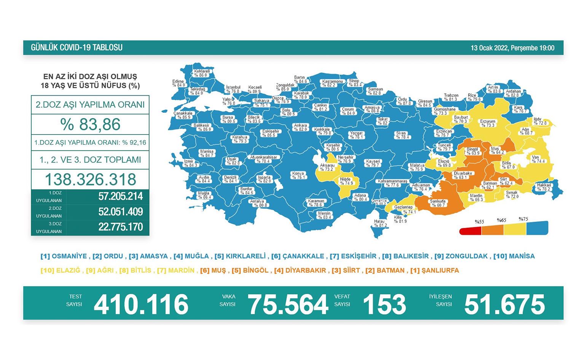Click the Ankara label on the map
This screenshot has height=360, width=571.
[300, 127]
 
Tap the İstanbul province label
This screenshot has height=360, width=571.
[233, 89]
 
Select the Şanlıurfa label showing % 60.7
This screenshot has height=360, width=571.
[438, 203]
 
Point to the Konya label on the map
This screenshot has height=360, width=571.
[298, 175]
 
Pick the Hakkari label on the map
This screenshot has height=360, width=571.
[544, 187]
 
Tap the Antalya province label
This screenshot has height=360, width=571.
[258, 203]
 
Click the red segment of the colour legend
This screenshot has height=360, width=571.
[470, 230]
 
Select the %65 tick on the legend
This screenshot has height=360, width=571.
[501, 220]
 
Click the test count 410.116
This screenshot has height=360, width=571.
[141, 304]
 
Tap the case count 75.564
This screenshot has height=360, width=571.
[288, 304]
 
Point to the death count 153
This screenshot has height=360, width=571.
[384, 304]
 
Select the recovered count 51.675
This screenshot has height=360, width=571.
[504, 304]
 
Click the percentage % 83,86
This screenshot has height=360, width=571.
[90, 125]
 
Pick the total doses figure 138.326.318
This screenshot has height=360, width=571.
[90, 179]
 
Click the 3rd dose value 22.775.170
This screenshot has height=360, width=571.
[120, 227]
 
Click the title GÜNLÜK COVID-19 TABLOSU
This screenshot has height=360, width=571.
[77, 48]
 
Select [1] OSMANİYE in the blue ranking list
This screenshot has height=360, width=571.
[64, 256]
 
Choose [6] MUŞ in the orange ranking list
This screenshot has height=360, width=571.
[213, 270]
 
